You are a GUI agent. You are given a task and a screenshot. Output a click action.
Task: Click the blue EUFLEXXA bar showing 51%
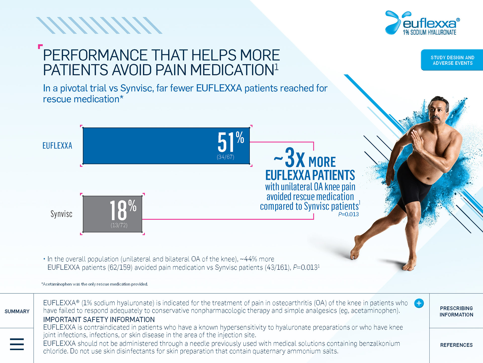pos(166,146)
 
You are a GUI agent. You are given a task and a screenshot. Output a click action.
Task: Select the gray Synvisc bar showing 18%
pos(112,214)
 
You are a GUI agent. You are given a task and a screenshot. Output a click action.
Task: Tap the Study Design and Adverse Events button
pos(452,60)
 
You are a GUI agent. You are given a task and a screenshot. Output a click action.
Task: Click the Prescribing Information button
pos(456,311)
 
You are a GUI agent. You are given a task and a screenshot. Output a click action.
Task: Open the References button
pos(456,345)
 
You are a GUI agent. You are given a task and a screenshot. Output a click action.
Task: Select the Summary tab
pos(17,311)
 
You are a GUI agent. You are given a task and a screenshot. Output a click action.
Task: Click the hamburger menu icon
pos(17,344)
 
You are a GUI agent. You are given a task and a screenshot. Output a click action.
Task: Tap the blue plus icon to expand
pos(419,303)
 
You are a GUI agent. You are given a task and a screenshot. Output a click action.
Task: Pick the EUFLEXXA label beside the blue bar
pos(57,146)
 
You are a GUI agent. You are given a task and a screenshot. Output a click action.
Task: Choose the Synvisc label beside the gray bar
pos(61,214)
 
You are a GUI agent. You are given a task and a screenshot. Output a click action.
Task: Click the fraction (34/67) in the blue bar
pos(225,157)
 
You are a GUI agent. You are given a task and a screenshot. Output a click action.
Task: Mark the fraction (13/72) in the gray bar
pos(119,225)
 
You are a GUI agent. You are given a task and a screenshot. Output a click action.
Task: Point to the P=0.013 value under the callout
pos(348,214)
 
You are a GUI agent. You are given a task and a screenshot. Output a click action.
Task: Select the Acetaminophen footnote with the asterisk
pos(95,284)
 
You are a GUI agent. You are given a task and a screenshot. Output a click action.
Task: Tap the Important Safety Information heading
pos(99,319)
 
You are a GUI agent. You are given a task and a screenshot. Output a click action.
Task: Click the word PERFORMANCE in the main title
pos(95,55)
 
